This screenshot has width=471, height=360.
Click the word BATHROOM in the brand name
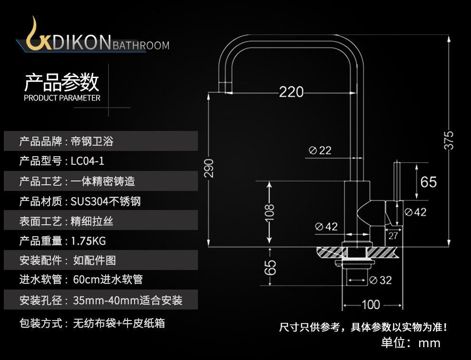point(141,46)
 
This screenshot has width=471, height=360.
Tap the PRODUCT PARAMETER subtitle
point(62,98)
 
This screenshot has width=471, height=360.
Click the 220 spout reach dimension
point(291,91)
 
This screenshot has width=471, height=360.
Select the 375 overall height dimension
point(449,140)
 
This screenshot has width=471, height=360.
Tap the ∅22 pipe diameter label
point(320,150)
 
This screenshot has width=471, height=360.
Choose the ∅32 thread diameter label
point(380,280)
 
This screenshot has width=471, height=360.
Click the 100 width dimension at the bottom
point(371,304)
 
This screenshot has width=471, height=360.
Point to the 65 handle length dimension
point(428,182)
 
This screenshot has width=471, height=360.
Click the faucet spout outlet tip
point(225,88)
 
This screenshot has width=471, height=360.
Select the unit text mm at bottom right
point(429,343)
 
